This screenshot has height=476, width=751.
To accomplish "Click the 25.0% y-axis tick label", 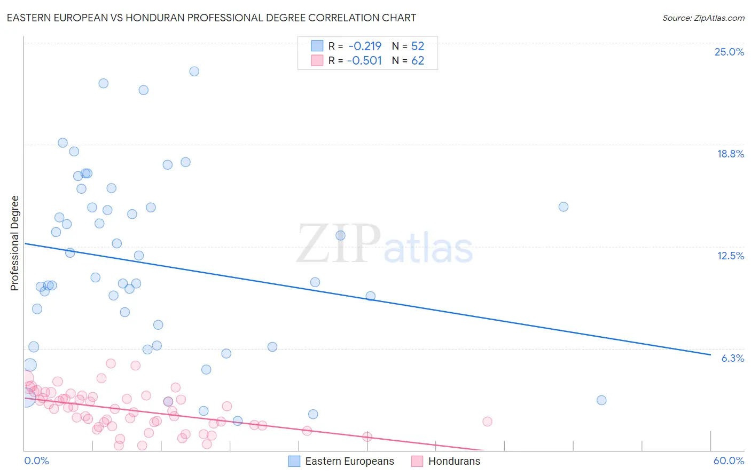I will coord(729,52).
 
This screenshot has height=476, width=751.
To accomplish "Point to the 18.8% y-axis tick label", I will coord(730,154).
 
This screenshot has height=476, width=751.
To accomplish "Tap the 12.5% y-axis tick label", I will coord(730,256).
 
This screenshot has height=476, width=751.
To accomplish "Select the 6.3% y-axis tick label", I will coord(732,358).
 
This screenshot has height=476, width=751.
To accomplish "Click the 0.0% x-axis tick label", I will coord(36,461).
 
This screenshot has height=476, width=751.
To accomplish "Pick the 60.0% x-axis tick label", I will coord(729,461).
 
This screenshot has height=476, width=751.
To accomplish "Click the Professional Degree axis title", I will coord(14,243).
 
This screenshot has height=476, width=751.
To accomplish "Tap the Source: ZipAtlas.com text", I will coord(703,18).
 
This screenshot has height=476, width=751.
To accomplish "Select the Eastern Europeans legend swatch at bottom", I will coord(294,461).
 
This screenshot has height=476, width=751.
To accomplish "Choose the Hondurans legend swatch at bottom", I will coord(417,461).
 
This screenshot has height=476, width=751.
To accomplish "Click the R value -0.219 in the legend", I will coord(365,46).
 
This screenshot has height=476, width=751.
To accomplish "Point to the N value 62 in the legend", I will coord(418,60).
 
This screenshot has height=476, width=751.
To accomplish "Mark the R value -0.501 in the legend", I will coord(365,60).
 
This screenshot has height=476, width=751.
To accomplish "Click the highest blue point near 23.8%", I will coord(194,72).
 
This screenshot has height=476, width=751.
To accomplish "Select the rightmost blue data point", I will coord(601,400).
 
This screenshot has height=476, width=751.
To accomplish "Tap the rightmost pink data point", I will coord(487,422).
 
